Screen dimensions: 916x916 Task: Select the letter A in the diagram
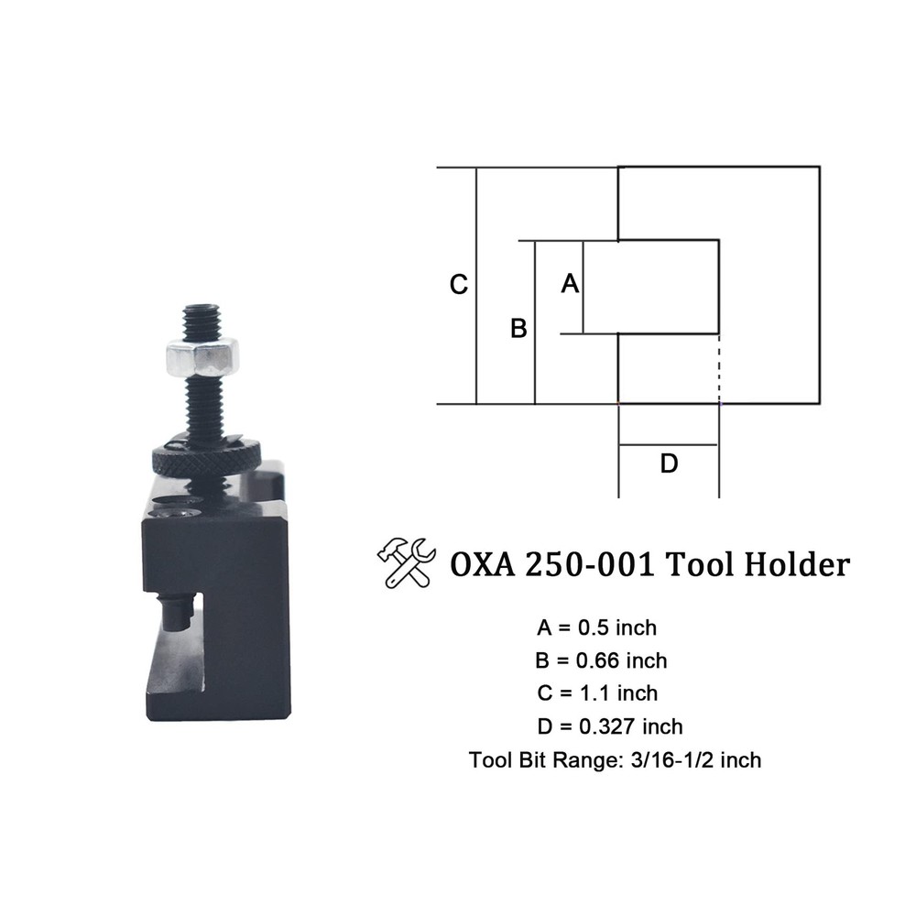click(x=570, y=285)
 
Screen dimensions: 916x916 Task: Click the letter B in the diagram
click(x=518, y=328)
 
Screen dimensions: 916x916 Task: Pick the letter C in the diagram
click(x=459, y=285)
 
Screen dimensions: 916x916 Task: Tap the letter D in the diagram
click(x=669, y=464)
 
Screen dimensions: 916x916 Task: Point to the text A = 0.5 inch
click(x=597, y=628)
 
